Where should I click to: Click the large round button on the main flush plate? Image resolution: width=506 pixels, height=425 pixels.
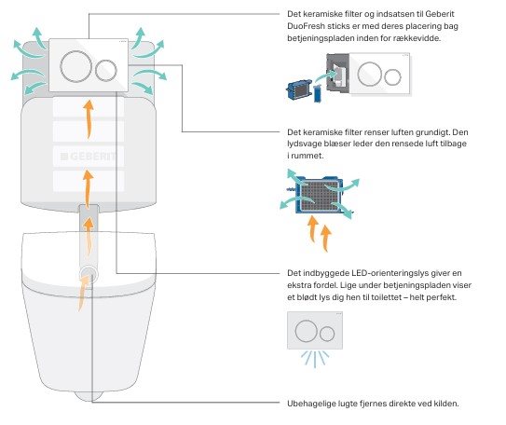click(76, 66)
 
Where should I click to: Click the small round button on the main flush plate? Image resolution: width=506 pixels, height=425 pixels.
click(106, 70)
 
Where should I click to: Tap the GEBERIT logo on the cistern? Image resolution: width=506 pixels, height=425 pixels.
click(89, 157)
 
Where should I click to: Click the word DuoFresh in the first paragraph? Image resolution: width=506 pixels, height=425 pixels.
click(306, 26)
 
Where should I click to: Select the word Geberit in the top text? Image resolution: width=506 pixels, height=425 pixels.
click(440, 14)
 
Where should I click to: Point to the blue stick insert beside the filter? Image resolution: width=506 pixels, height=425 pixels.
click(317, 93)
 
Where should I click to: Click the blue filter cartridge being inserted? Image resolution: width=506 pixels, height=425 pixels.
click(298, 89)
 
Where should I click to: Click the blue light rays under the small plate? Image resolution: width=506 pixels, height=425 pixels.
click(315, 359)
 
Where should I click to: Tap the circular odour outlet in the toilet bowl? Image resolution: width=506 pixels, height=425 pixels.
click(89, 274)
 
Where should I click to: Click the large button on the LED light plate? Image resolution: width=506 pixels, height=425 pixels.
click(305, 331)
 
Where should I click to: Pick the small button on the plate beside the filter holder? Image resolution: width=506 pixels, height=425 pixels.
click(392, 77)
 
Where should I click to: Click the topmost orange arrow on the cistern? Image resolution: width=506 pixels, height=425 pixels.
click(89, 119)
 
